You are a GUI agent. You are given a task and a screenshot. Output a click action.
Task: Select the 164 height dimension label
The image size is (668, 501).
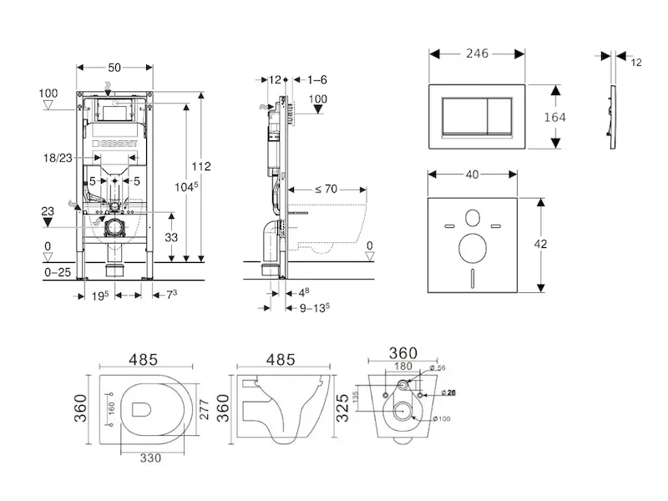(554, 117)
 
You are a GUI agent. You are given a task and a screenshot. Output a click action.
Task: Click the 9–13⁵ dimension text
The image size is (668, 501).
(315, 307)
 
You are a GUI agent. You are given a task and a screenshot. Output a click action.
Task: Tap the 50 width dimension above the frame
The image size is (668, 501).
(114, 64)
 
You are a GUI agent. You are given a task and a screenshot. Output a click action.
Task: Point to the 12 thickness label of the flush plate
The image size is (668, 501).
(637, 63)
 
